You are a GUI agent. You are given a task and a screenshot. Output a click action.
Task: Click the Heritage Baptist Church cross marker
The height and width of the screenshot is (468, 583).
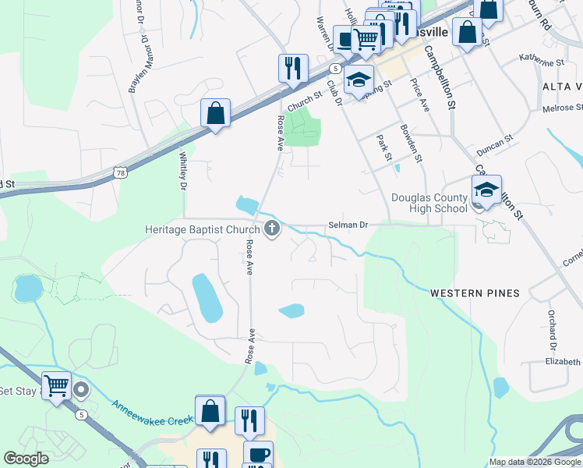tap(272, 229)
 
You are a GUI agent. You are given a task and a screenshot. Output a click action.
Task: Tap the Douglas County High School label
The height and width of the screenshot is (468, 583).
tap(429, 203)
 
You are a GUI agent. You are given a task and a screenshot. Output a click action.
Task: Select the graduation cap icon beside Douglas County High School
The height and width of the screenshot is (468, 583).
tap(486, 190)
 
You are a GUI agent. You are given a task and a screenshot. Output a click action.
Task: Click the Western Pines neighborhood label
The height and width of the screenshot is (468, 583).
tap(475, 293)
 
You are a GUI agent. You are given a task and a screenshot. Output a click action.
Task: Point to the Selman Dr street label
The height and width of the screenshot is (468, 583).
tap(347, 225)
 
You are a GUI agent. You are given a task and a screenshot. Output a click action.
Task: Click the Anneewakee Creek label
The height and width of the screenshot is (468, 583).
tap(152, 413)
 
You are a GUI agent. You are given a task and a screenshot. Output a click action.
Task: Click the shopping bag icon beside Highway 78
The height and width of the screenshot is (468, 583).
tap(215, 113)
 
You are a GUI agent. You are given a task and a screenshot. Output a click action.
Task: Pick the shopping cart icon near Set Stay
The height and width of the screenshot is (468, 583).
tap(57, 385)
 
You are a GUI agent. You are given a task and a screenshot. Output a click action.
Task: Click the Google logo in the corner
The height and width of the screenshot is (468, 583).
tap(26, 459)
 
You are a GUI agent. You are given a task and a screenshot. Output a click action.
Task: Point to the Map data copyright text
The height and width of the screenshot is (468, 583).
tap(534, 462)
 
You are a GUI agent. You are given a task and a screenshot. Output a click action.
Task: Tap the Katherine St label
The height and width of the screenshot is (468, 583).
tap(541, 61)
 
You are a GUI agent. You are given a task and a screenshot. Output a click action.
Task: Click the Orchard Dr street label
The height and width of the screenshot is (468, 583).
tap(552, 335)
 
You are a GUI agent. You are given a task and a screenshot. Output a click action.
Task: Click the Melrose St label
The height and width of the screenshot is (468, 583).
tap(560, 108)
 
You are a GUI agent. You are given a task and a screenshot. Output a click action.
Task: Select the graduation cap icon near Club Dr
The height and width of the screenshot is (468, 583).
tap(359, 81)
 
